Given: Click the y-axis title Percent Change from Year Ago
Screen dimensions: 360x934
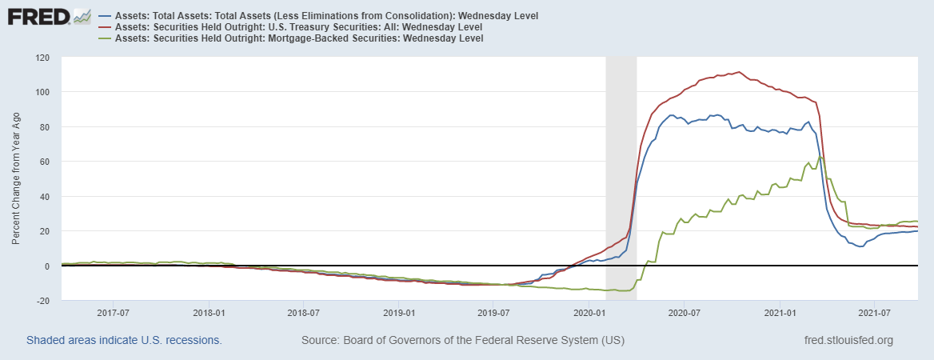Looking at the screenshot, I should [16, 179].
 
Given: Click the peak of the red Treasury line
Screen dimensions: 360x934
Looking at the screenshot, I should [737, 72].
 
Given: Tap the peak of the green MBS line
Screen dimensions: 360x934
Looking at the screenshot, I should [820, 157].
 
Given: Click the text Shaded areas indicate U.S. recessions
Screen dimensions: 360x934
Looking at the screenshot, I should [124, 341].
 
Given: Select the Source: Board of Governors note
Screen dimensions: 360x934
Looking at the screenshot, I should [463, 341].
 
